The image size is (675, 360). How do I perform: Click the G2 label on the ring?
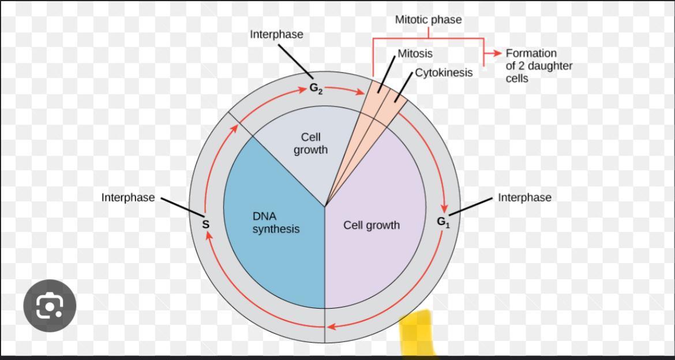point(316,88)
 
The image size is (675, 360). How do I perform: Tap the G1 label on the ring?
point(443,222)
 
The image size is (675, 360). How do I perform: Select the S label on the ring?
point(205,224)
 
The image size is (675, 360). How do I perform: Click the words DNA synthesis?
point(276,223)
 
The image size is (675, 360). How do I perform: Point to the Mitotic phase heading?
point(428,20)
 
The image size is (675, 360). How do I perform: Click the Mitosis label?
point(415,53)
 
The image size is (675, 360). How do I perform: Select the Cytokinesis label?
point(444,73)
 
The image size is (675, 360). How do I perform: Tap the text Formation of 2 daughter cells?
point(539,66)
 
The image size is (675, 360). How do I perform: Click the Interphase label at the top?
point(276,34)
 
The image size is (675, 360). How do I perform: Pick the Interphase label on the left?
point(128,197)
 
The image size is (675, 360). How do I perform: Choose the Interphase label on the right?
point(524,197)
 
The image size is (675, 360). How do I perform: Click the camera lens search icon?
point(50,306)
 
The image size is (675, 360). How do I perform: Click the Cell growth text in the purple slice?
point(372,225)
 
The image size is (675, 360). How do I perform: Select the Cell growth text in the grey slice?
point(310,144)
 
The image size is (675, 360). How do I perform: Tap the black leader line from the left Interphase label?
point(182,207)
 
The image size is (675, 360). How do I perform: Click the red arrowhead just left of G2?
point(302,89)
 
